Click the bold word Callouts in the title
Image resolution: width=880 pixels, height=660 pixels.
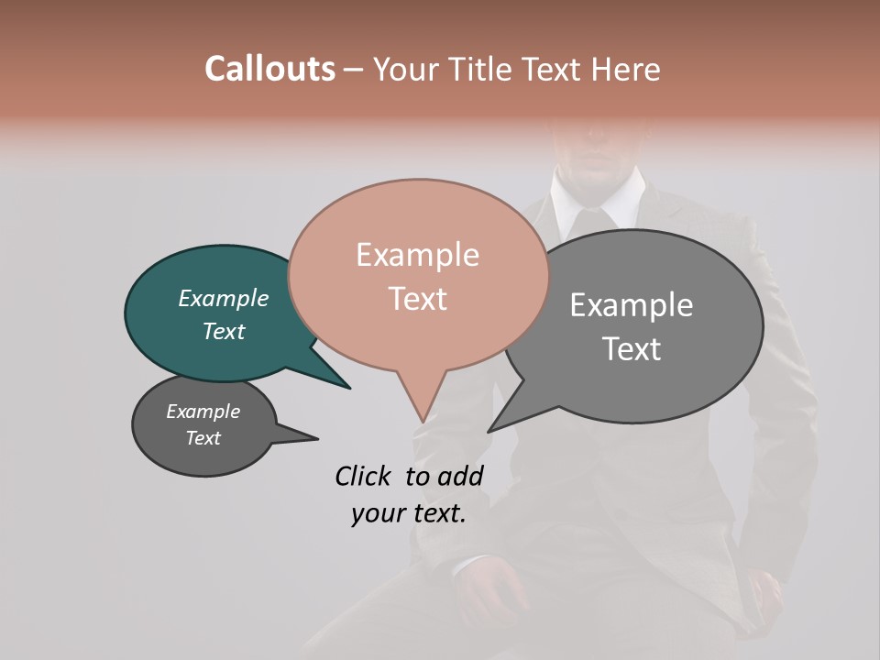pyautogui.click(x=269, y=70)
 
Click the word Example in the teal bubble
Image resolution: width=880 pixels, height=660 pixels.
pyautogui.click(x=224, y=299)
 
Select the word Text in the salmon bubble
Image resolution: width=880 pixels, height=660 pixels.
pyautogui.click(x=417, y=299)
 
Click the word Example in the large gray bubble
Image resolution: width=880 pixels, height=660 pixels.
pyautogui.click(x=632, y=305)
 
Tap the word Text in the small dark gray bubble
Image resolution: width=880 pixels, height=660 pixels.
pyautogui.click(x=203, y=438)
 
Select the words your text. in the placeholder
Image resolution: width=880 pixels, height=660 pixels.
pyautogui.click(x=408, y=514)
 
